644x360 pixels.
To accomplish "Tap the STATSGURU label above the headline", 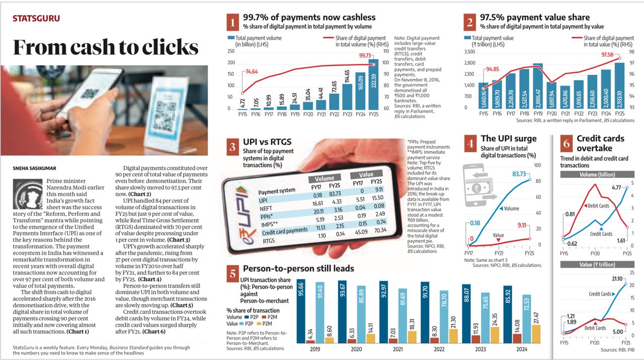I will click(x=36, y=19).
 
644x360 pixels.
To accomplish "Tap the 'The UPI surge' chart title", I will click(x=509, y=139).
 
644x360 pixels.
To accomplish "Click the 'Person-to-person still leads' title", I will click(x=298, y=269).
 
